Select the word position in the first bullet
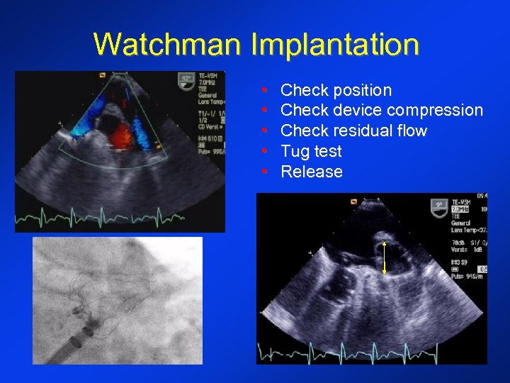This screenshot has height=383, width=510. [362, 90]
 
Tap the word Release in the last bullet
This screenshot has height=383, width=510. [312, 172]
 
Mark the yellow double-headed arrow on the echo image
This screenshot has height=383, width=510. [384, 257]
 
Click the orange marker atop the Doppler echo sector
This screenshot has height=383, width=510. [102, 74]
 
